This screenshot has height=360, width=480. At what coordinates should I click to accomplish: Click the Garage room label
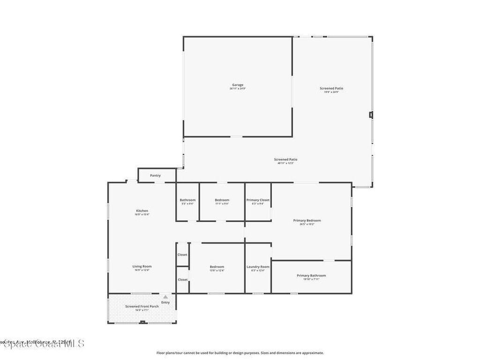(238, 85)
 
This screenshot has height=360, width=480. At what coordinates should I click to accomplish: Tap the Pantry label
(155, 175)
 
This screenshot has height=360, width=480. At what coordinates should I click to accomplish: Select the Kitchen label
(142, 211)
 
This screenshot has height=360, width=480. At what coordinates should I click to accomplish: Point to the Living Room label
(142, 266)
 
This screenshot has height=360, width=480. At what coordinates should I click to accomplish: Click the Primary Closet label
(258, 200)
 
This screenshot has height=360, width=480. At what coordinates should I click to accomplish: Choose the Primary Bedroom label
(307, 220)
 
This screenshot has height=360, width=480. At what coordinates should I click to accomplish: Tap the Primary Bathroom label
(311, 276)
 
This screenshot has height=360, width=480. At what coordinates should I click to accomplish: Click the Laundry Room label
(258, 267)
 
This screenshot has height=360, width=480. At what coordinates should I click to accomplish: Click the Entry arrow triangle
(165, 297)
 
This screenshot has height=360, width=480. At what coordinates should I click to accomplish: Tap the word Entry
(165, 302)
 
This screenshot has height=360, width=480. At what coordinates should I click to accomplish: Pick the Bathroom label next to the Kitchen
(187, 200)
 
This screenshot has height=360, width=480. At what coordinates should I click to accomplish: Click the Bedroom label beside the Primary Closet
(222, 200)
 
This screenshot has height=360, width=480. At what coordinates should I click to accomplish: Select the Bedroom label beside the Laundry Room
(217, 267)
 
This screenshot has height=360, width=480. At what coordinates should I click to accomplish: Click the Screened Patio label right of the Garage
(331, 88)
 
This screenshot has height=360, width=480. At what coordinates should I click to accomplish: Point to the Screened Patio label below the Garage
(285, 159)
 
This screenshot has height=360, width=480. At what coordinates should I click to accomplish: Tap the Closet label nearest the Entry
(182, 279)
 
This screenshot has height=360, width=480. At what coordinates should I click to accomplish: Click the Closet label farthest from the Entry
(182, 255)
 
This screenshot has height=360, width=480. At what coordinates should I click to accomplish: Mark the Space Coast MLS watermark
(42, 344)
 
